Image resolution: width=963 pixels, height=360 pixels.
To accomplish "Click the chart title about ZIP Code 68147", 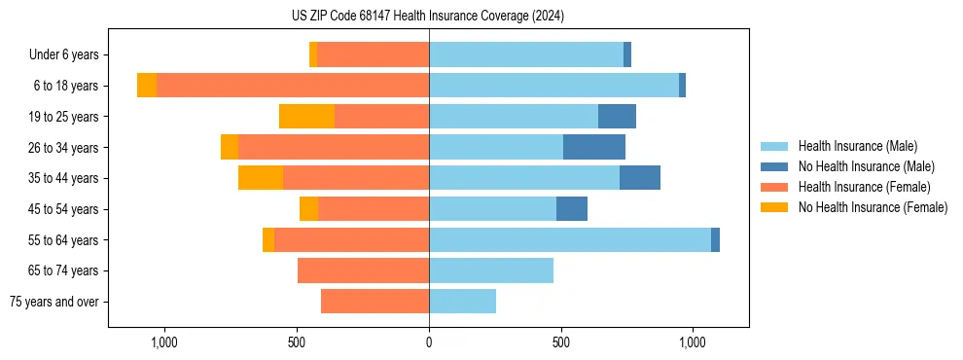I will pyautogui.click(x=428, y=16).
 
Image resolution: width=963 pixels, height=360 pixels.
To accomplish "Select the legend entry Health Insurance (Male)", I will pyautogui.click(x=857, y=146).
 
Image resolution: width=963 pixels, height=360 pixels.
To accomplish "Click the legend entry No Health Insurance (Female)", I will pyautogui.click(x=873, y=207).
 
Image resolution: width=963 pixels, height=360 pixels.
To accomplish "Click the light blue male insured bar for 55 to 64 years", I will pyautogui.click(x=570, y=239).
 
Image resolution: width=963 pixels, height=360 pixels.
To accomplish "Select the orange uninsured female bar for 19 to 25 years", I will pyautogui.click(x=306, y=117).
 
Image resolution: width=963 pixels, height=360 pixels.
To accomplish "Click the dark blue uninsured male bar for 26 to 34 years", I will pyautogui.click(x=594, y=147).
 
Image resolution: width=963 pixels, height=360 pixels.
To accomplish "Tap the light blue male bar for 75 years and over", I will pyautogui.click(x=463, y=302).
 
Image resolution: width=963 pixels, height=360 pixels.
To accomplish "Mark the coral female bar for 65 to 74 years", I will pyautogui.click(x=363, y=270).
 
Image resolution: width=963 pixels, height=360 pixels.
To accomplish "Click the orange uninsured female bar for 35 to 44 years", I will pyautogui.click(x=261, y=178).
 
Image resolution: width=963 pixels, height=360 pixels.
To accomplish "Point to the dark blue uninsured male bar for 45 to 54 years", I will pyautogui.click(x=572, y=209).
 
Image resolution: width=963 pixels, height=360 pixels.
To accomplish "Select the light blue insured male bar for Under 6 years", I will pyautogui.click(x=526, y=54).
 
